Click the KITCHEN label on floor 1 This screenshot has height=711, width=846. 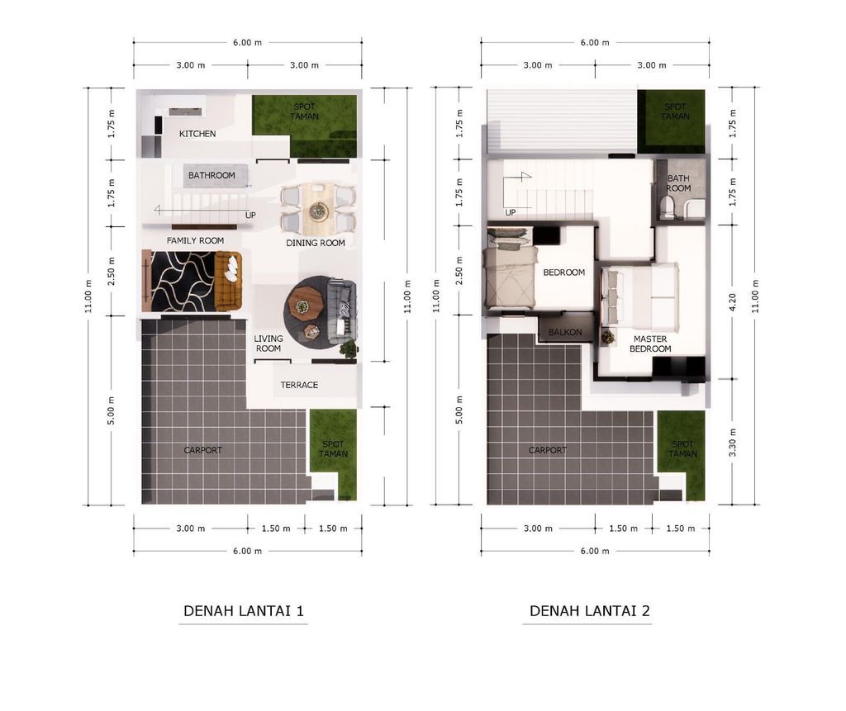(x=197, y=134)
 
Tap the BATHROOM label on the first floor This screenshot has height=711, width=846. (x=211, y=175)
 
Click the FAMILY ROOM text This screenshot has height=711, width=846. (x=195, y=240)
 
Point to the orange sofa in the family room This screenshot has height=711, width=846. (x=228, y=281)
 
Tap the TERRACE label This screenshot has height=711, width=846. (x=299, y=385)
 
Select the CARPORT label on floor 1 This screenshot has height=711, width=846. (x=203, y=450)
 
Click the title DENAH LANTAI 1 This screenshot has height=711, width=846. (x=244, y=610)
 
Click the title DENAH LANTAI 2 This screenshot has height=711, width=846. (x=589, y=610)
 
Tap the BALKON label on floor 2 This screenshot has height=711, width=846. (x=565, y=332)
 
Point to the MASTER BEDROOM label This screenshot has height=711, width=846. (x=650, y=344)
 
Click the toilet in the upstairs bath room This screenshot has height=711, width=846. (x=668, y=208)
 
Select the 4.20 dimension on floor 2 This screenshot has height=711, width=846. (x=732, y=302)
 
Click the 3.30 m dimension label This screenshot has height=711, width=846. (x=732, y=443)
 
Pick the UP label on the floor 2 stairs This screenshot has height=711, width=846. (x=511, y=212)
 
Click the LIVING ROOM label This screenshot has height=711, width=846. (x=269, y=344)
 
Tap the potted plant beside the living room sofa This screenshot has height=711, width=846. (x=349, y=349)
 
